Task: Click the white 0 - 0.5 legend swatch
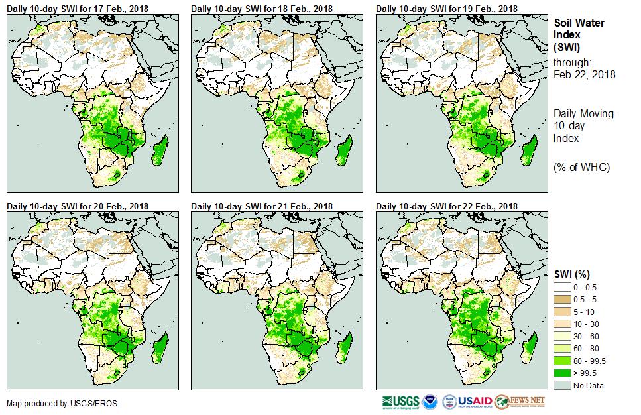tap(562, 286)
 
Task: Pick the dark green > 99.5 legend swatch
tap(562, 373)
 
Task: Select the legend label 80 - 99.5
tap(589, 361)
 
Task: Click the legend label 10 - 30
tap(585, 323)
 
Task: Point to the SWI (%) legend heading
tap(572, 274)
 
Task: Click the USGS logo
tap(400, 402)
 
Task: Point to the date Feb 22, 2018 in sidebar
tap(584, 74)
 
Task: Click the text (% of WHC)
tap(581, 167)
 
